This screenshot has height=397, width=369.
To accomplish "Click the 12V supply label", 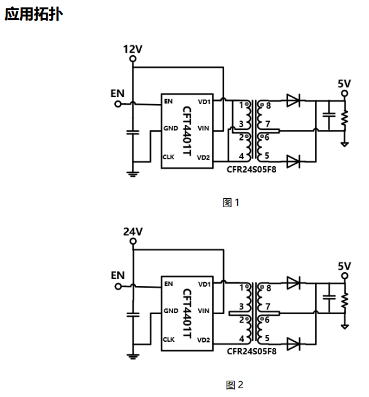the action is [132, 49].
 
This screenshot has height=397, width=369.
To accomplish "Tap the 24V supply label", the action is [133, 231].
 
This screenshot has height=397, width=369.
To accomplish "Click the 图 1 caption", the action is [231, 203].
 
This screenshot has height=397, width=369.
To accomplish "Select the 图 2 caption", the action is [234, 385].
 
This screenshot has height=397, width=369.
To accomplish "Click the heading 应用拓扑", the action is [33, 14].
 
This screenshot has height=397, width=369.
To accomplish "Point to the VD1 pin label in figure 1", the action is [204, 102].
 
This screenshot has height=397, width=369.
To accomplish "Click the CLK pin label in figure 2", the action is [169, 339].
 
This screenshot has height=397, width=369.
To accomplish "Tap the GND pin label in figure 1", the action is [171, 129].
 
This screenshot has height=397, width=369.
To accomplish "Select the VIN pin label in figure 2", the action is [203, 310].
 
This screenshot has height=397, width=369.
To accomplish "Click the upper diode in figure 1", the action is [293, 100].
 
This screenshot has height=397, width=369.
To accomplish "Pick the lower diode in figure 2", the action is [293, 344].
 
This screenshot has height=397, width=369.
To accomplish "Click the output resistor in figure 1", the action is [345, 119].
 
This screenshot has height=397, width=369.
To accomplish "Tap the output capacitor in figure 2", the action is [329, 297].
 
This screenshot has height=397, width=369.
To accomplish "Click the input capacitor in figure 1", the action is [132, 132].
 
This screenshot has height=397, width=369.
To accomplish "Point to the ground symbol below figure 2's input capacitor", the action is [133, 356].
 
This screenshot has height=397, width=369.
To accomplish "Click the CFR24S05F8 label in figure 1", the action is [251, 169].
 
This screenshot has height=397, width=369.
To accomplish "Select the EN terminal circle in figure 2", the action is [118, 287].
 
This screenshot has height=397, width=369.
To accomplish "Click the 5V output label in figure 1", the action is [344, 83].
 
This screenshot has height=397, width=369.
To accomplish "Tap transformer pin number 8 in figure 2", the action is [269, 288].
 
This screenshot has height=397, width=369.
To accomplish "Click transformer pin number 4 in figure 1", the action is [242, 156].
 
